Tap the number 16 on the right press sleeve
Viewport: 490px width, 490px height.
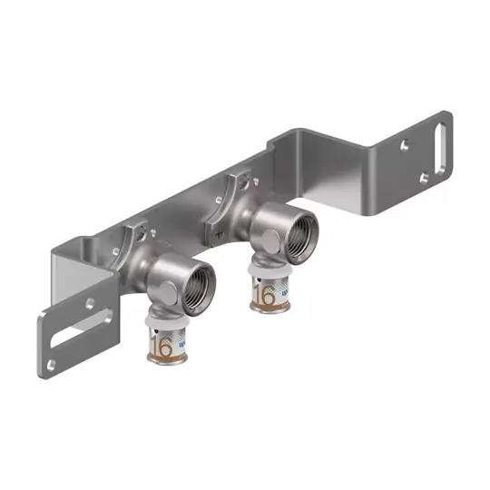pyautogui.click(x=266, y=296)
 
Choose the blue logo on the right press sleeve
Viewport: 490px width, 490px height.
pyautogui.click(x=285, y=295)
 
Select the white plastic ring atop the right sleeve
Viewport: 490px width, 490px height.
pyautogui.click(x=269, y=275)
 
